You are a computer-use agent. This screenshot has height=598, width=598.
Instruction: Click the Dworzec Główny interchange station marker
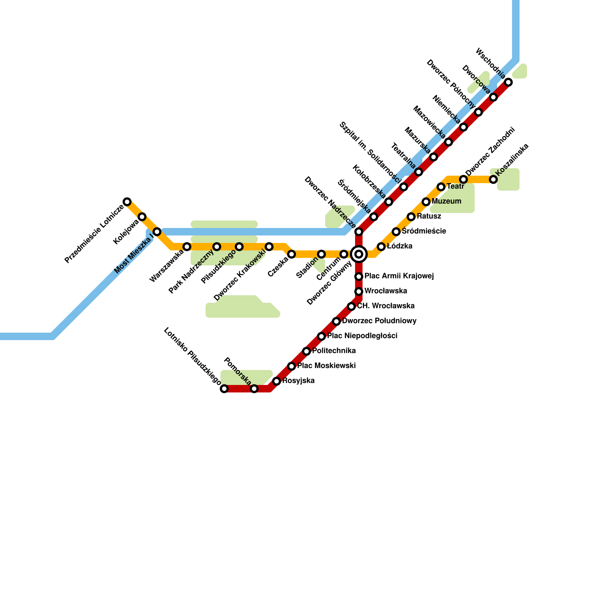click(x=359, y=254)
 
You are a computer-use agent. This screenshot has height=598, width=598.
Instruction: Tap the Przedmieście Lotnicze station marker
click(x=127, y=202)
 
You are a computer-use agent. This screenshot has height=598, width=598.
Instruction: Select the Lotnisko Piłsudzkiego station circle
click(x=224, y=389)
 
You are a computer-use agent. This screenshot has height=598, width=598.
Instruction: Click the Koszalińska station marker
click(x=493, y=179)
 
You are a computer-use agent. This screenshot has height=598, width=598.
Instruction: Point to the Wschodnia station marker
click(x=508, y=82)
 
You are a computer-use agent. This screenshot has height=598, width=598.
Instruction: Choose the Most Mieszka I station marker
click(x=157, y=232)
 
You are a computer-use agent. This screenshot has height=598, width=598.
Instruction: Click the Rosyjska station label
click(x=298, y=381)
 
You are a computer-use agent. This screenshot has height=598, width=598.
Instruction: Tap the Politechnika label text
click(x=334, y=351)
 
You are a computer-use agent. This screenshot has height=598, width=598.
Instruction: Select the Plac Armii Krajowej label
click(x=399, y=276)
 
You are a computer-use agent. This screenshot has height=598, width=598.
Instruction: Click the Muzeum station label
click(x=446, y=201)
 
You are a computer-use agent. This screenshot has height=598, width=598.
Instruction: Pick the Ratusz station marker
click(x=411, y=217)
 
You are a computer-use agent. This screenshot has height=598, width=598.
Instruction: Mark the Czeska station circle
click(x=292, y=254)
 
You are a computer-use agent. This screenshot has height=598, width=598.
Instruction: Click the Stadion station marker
click(x=321, y=254)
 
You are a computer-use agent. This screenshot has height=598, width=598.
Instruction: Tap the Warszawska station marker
click(x=187, y=247)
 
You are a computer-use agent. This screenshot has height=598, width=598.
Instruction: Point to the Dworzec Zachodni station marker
click(x=463, y=179)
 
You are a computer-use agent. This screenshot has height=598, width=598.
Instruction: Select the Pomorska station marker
click(x=254, y=389)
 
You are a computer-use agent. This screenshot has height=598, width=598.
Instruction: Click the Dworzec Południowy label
click(x=379, y=321)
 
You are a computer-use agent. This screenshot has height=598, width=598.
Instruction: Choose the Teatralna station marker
click(x=419, y=172)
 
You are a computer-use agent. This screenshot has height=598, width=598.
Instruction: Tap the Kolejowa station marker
click(x=142, y=217)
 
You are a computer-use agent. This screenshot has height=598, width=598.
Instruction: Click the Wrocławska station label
click(x=386, y=291)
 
